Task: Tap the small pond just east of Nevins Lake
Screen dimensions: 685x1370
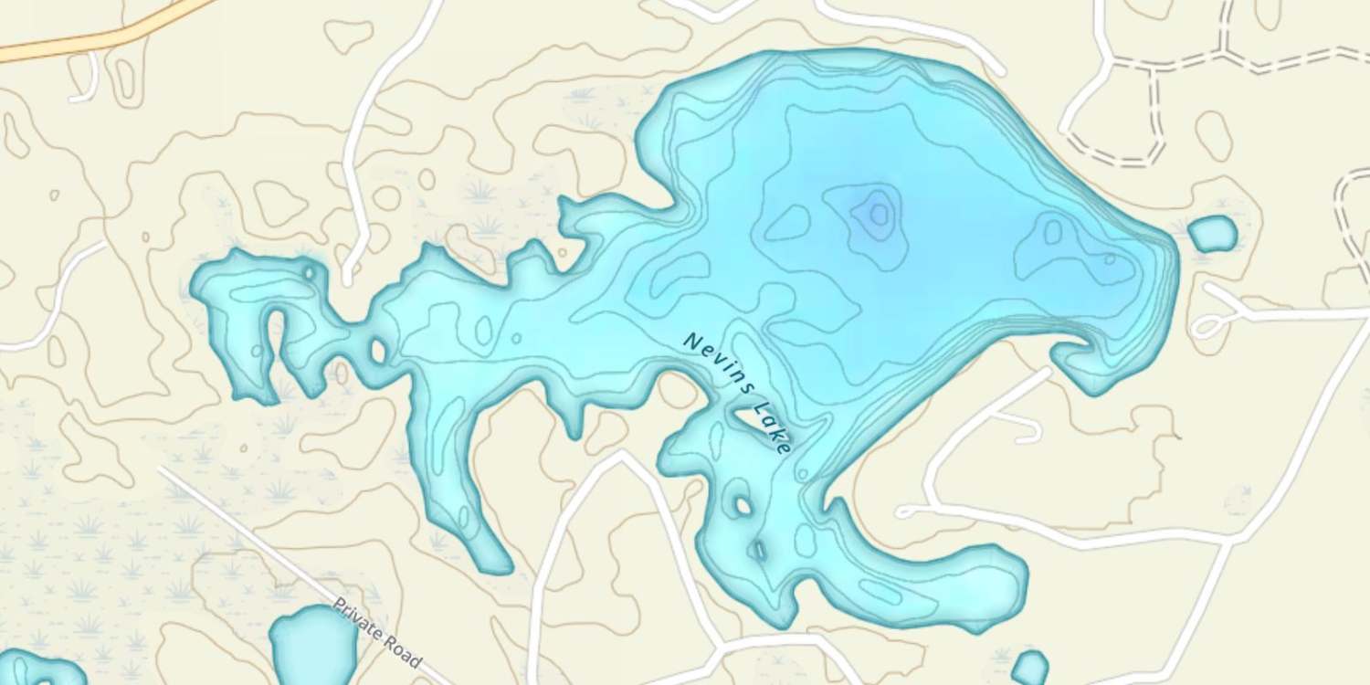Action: click(x=1212, y=234)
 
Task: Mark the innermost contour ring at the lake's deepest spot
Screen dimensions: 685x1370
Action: click(x=879, y=214)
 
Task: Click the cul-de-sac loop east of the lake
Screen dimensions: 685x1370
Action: click(x=1207, y=325)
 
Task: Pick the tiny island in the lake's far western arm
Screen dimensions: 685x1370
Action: click(x=309, y=272)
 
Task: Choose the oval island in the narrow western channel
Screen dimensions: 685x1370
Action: click(x=377, y=349)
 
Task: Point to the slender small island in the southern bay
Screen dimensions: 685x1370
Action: click(x=757, y=550)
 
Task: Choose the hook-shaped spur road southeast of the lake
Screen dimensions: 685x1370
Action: click(x=1023, y=422)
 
